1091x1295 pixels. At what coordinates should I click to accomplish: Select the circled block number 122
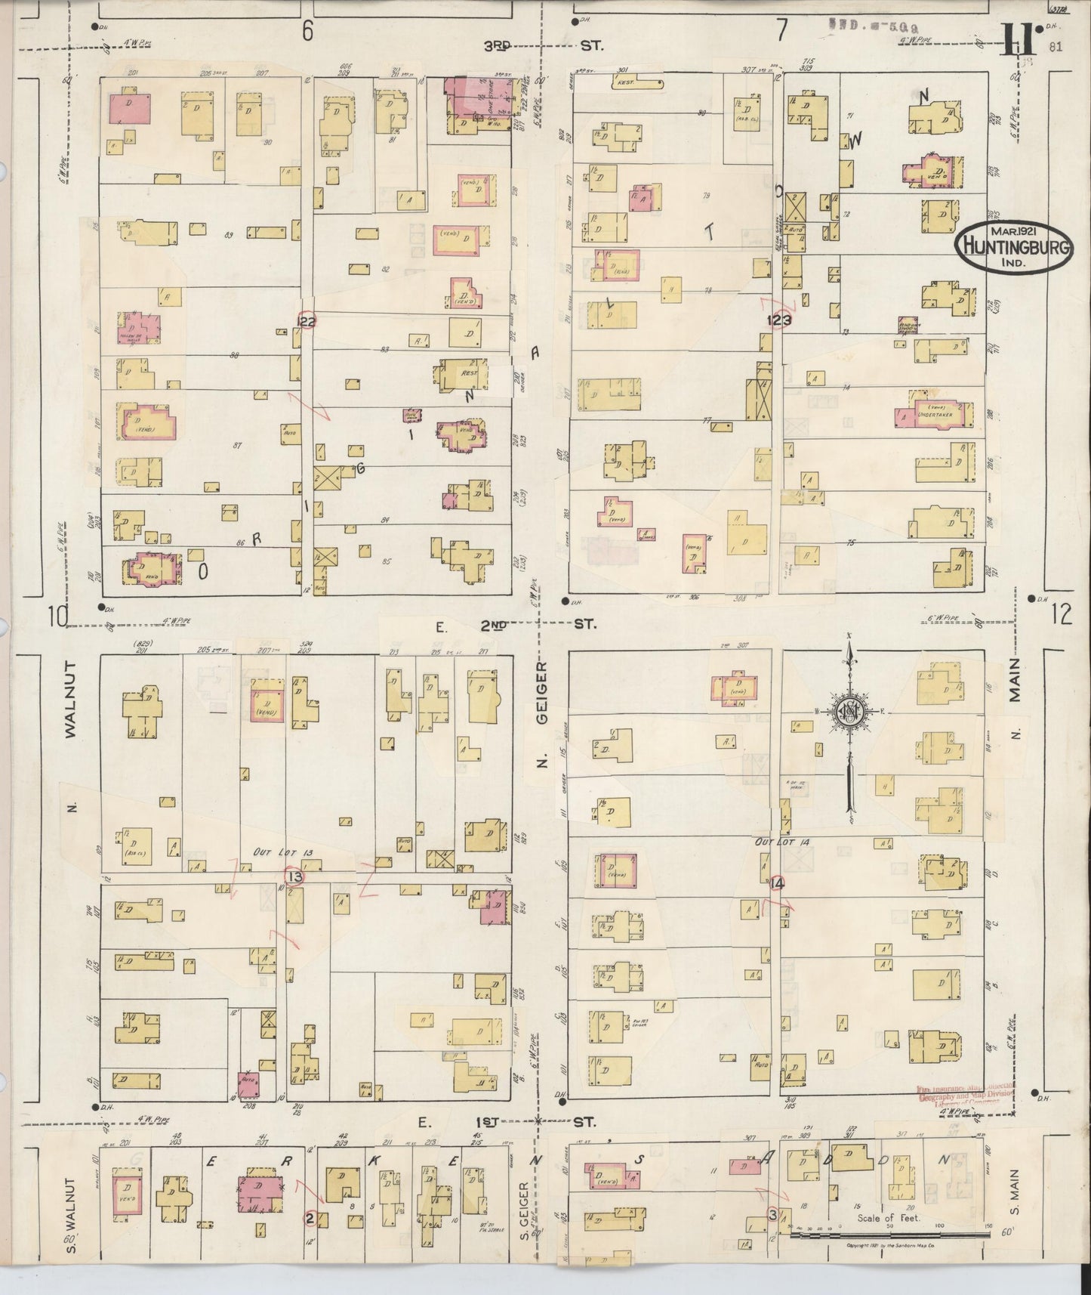pyautogui.click(x=307, y=321)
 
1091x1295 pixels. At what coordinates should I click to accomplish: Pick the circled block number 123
pyautogui.click(x=781, y=320)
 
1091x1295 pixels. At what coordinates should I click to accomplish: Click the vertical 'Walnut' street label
pyautogui.click(x=70, y=699)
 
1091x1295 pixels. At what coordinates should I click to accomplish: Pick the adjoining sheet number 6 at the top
pyautogui.click(x=307, y=30)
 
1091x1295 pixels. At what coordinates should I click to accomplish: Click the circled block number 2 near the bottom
pyautogui.click(x=309, y=1217)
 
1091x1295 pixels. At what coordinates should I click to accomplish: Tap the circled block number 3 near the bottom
pyautogui.click(x=772, y=1215)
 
